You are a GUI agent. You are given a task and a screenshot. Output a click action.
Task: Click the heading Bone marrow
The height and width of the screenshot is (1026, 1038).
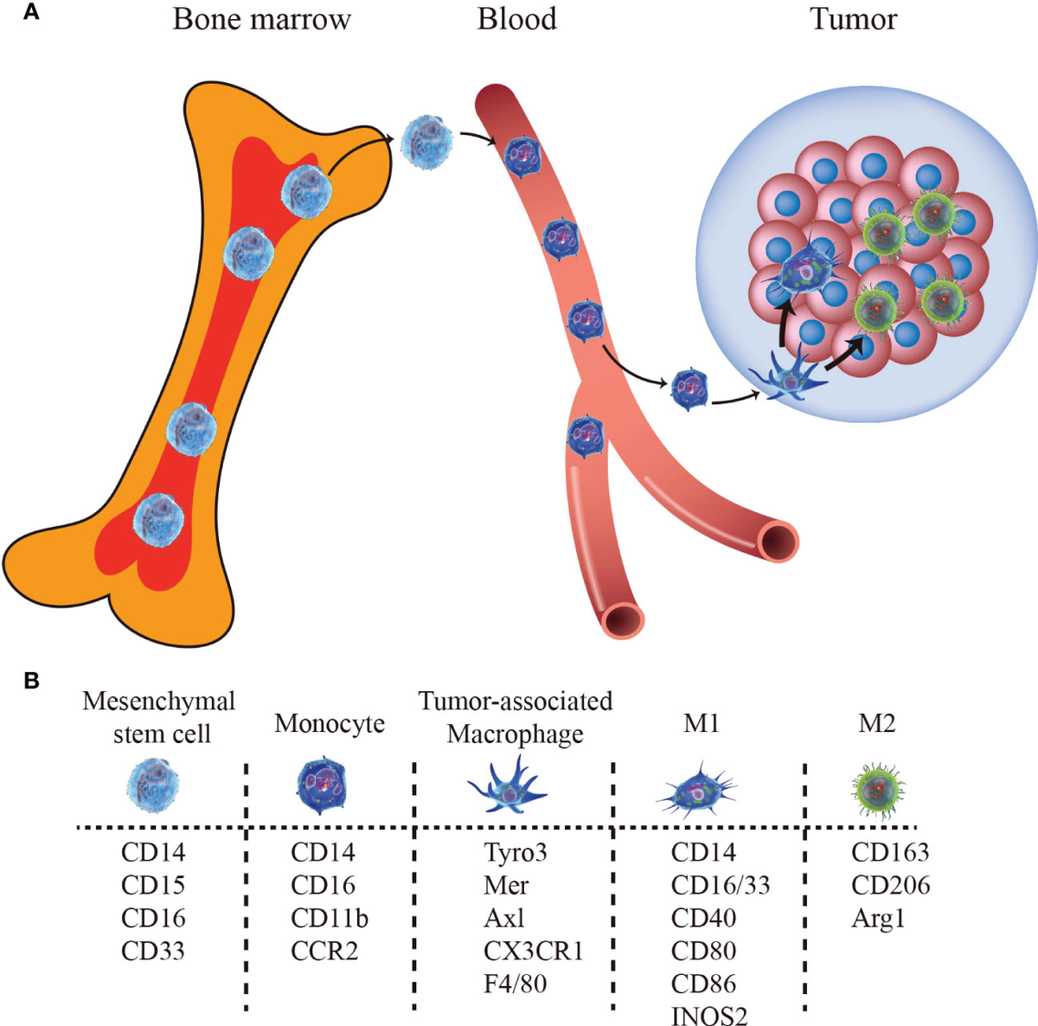pos(261,19)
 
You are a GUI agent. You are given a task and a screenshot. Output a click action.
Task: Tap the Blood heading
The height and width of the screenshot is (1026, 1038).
pos(516,19)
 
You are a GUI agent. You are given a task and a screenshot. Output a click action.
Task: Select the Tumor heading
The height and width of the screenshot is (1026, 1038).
pos(853,19)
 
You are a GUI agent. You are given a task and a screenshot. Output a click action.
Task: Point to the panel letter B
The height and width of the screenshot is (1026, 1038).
pos(31,681)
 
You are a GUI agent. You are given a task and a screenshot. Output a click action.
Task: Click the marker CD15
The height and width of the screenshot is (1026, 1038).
pos(153,885)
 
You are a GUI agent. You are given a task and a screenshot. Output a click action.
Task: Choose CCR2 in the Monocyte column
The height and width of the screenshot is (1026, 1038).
pos(324,951)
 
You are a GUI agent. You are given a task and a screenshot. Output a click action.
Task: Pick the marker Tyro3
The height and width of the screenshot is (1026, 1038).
pos(516,852)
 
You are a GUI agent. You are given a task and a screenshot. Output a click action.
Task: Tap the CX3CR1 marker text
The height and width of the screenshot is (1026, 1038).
pos(533,951)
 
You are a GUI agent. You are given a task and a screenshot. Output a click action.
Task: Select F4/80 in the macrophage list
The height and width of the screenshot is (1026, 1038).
pos(516,984)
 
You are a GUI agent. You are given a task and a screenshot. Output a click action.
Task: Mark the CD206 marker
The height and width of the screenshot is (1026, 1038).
pos(890,885)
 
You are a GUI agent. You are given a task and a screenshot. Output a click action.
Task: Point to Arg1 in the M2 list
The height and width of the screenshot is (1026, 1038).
pos(878,918)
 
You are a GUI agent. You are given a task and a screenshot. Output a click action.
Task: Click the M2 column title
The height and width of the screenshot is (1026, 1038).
pos(876,723)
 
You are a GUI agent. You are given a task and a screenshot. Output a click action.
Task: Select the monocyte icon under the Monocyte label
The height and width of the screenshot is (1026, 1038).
pos(322,785)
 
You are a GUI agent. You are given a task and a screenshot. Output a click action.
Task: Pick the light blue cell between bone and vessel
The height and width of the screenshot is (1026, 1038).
pos(426,144)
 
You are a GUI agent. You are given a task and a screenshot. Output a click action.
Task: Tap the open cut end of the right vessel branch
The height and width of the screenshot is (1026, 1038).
pos(778,542)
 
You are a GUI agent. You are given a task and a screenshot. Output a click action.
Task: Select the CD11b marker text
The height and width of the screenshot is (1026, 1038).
pos(330,918)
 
